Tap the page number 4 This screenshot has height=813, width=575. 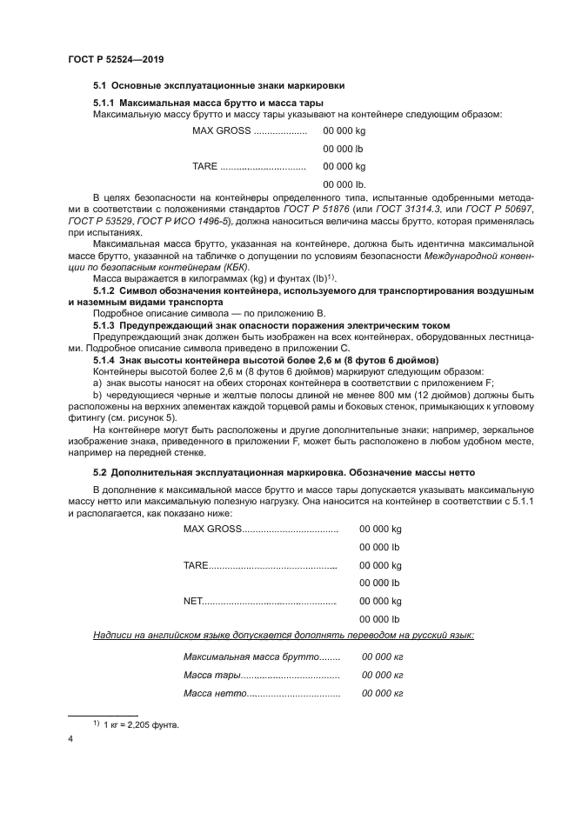(70, 738)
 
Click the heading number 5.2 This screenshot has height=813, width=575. (100, 471)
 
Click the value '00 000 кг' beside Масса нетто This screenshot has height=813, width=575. (382, 693)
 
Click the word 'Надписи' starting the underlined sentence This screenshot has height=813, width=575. (113, 636)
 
